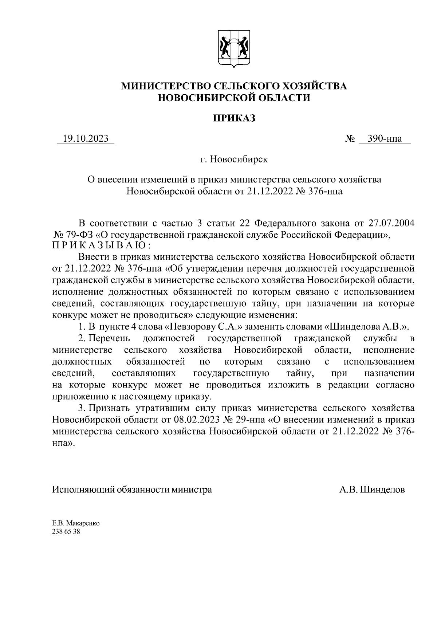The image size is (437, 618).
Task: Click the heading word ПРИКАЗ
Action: tap(234, 118)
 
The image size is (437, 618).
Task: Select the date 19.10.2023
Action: tap(86, 139)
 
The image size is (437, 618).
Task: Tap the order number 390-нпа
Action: tap(385, 139)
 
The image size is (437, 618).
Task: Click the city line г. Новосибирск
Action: tap(234, 159)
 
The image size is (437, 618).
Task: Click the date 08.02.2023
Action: tap(197, 420)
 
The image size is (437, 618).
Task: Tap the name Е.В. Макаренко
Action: tap(76, 523)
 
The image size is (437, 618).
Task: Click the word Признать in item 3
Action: tap(108, 409)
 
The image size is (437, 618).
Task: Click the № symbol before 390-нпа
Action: tap(350, 139)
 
